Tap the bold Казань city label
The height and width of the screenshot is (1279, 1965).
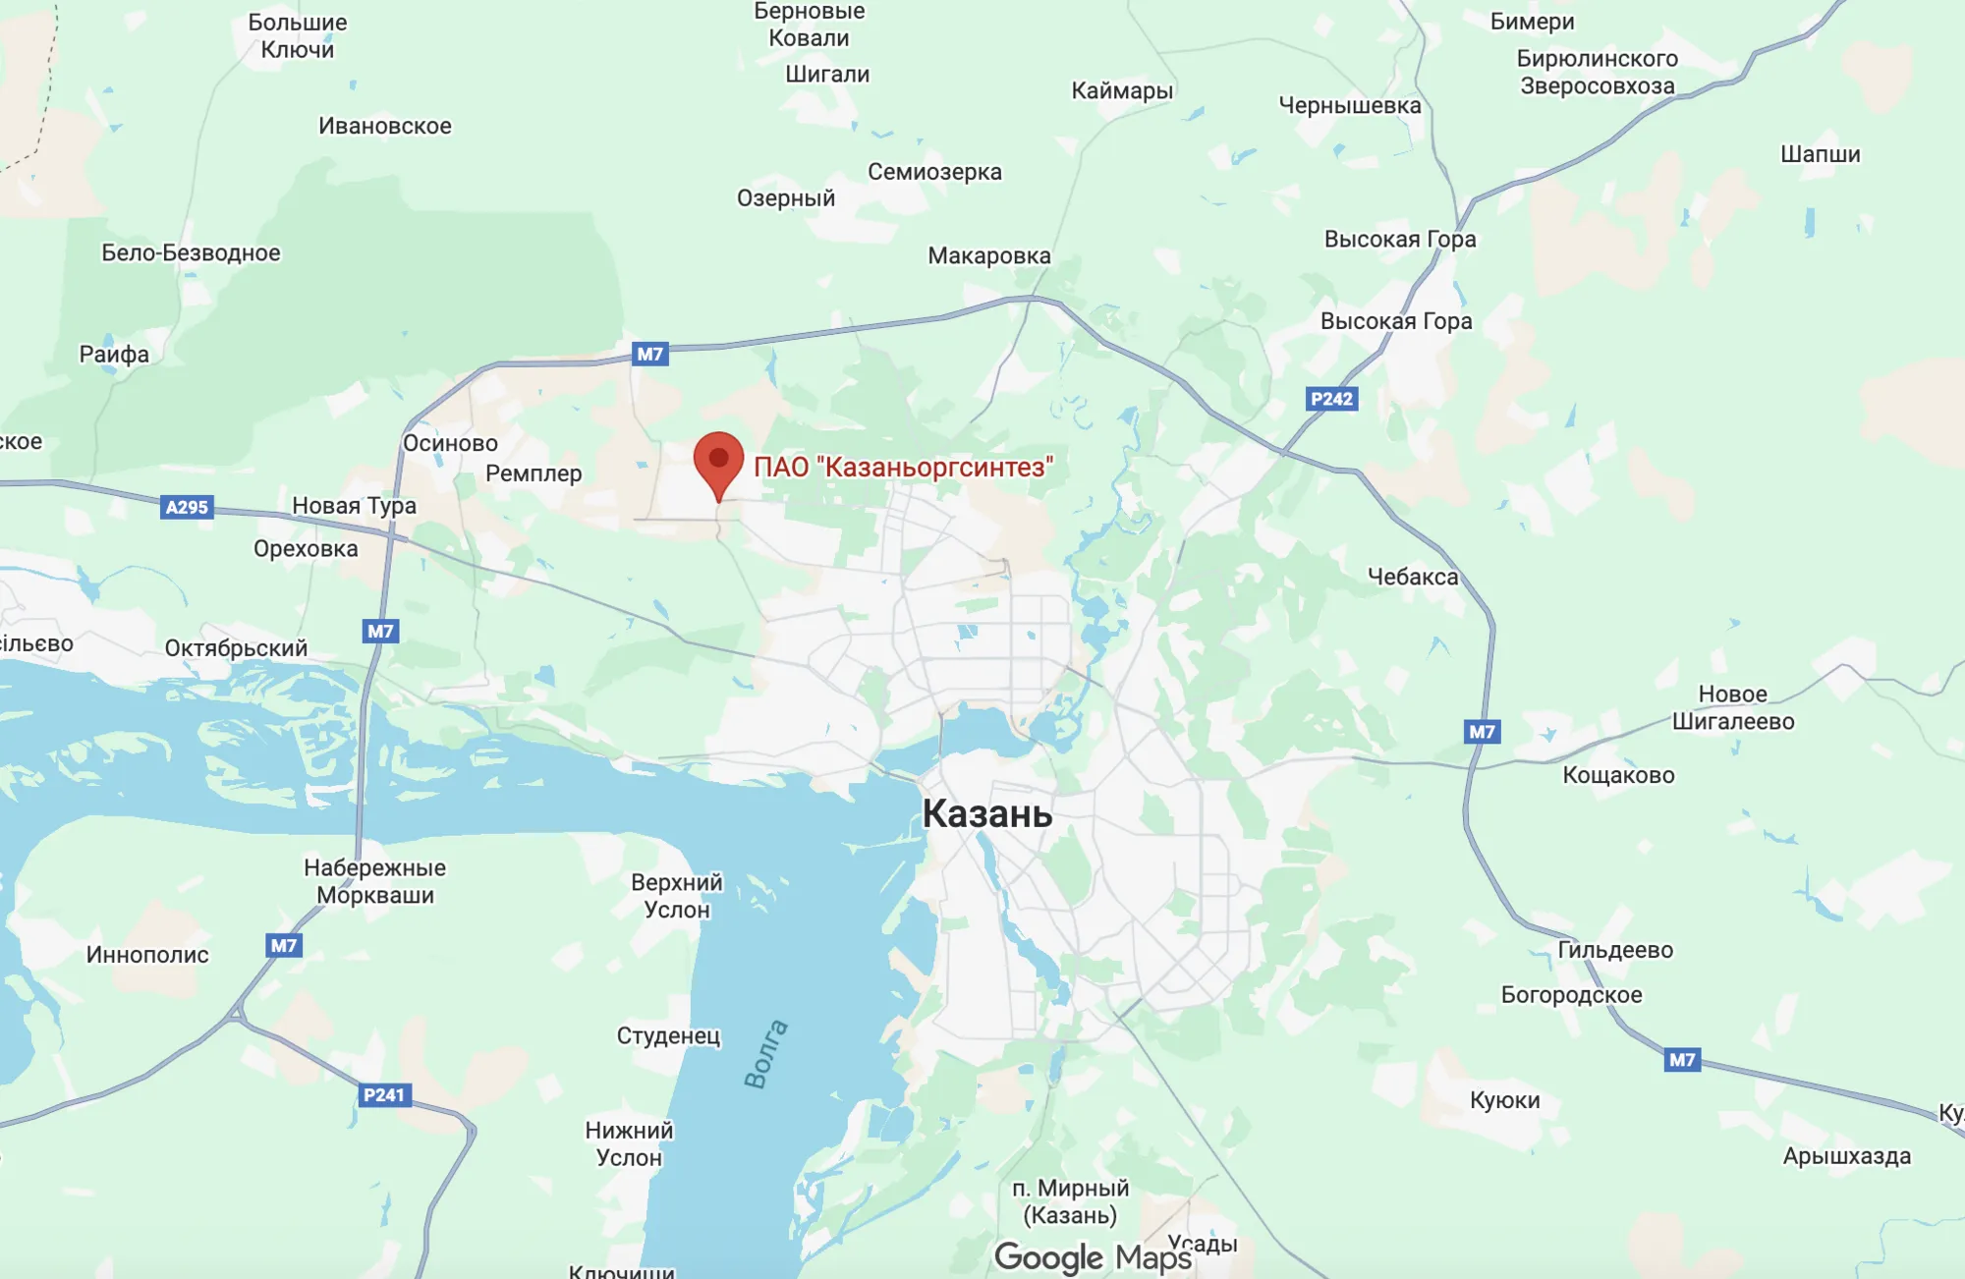[x=986, y=814]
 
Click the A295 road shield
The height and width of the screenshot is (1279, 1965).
[x=187, y=507]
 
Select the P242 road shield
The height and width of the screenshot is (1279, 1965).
[x=1331, y=399]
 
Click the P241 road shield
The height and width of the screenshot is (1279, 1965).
[x=383, y=1094]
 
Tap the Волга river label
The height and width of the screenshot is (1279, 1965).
[x=766, y=1054]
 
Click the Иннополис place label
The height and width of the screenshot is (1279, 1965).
[x=147, y=955]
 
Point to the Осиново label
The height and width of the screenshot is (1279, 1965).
[x=450, y=443]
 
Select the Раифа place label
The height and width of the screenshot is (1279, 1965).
[x=114, y=355]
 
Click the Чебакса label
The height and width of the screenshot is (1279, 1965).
[x=1413, y=577]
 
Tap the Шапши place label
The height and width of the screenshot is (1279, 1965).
[x=1820, y=154]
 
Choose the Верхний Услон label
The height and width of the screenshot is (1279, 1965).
[x=677, y=896]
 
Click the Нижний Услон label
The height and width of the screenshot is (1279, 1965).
[x=629, y=1143]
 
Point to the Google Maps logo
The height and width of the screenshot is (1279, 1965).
[x=1093, y=1257]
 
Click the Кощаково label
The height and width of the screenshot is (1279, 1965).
[x=1618, y=775]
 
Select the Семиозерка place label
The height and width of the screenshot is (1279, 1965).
[x=934, y=172]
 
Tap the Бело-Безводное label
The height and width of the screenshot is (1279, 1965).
[x=191, y=252]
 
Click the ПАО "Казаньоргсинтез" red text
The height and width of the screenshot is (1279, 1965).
[x=903, y=467]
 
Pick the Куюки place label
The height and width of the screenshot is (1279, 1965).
[x=1504, y=1100]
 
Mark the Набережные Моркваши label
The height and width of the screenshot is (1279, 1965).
[x=374, y=881]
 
